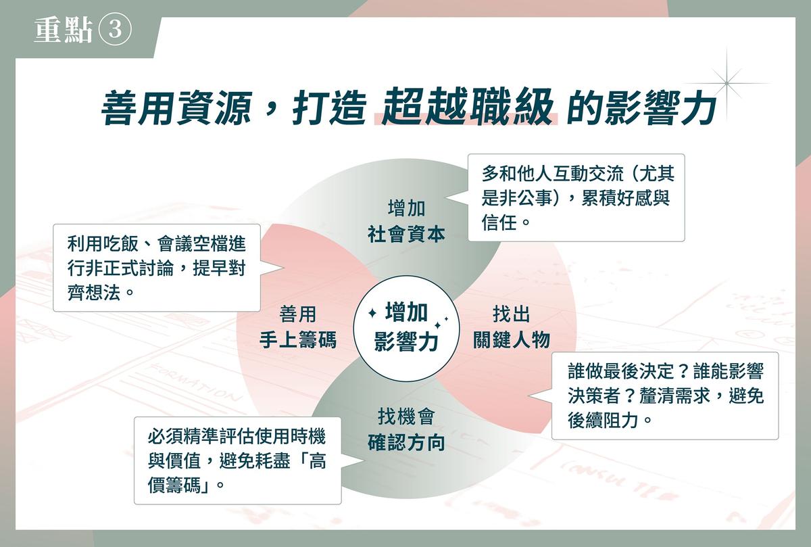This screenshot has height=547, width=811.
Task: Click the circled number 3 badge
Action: click(114, 29)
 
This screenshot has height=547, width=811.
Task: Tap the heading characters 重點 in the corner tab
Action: click(64, 30)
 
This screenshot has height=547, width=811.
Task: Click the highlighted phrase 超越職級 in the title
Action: click(467, 107)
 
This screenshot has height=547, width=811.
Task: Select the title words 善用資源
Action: click(176, 108)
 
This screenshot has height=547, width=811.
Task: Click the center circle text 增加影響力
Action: click(406, 327)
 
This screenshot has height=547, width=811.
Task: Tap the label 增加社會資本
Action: click(406, 221)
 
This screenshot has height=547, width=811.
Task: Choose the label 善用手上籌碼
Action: click(298, 327)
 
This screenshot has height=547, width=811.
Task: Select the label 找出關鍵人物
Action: click(512, 327)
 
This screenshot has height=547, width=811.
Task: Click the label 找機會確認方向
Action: click(406, 429)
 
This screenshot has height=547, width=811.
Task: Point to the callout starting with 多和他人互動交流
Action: click(576, 198)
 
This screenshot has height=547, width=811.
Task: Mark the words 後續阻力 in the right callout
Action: click(603, 420)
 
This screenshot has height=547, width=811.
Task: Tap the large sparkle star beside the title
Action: click(727, 83)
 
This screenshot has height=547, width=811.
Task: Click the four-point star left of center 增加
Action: click(372, 313)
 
